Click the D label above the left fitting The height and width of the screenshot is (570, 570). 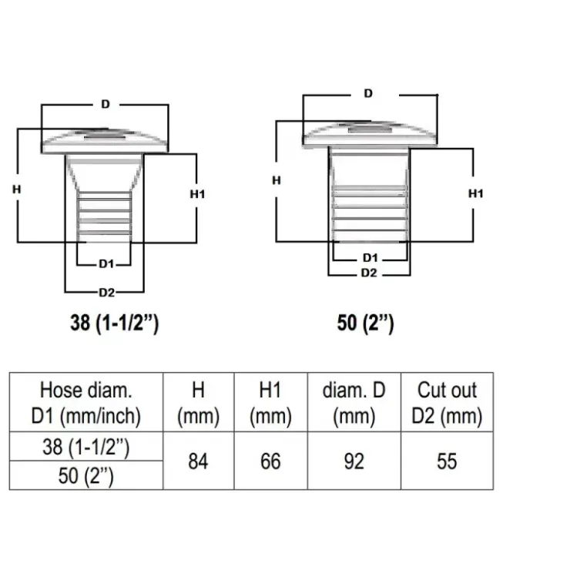pyautogui.click(x=106, y=104)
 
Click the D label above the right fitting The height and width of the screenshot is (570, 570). pyautogui.click(x=368, y=94)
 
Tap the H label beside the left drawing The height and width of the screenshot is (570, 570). pyautogui.click(x=17, y=189)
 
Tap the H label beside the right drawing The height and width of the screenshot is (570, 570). pyautogui.click(x=277, y=180)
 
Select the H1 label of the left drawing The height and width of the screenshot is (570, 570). pyautogui.click(x=197, y=194)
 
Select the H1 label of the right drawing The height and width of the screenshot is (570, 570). pyautogui.click(x=476, y=194)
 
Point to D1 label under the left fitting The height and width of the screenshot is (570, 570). pyautogui.click(x=106, y=264)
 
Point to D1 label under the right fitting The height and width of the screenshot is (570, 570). pyautogui.click(x=370, y=258)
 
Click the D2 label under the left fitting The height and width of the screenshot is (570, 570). pyautogui.click(x=107, y=292)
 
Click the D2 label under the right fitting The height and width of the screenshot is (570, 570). pyautogui.click(x=369, y=273)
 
